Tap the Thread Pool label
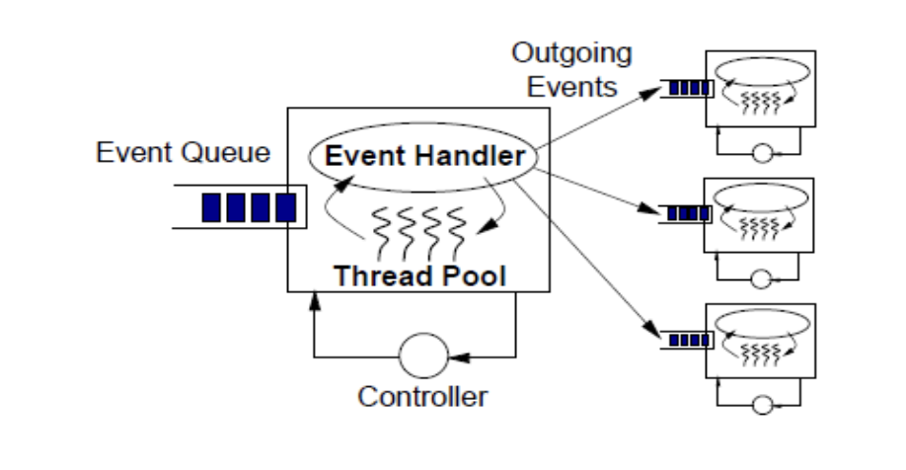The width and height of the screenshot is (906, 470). pyautogui.click(x=418, y=274)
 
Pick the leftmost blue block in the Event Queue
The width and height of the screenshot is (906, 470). pyautogui.click(x=211, y=207)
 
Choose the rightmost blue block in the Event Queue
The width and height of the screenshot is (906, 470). pyautogui.click(x=285, y=207)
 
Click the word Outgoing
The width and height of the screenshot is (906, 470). pyautogui.click(x=573, y=52)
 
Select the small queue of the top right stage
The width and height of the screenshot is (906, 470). pyautogui.click(x=684, y=89)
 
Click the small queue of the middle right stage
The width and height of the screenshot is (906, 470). pyautogui.click(x=684, y=211)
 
